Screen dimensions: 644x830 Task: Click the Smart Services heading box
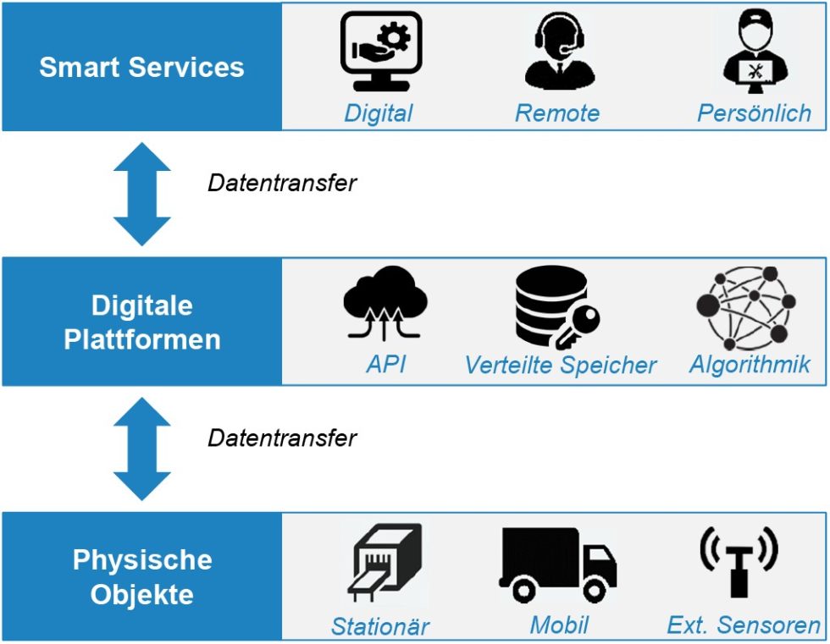141,67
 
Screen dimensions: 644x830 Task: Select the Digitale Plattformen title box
141,322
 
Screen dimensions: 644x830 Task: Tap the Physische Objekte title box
141,576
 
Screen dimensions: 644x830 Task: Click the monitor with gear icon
380,52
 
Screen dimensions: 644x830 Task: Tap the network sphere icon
745,306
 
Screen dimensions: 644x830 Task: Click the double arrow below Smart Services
141,194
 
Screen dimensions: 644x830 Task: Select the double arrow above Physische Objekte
141,449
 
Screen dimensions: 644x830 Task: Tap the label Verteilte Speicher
561,365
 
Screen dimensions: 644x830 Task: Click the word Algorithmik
750,364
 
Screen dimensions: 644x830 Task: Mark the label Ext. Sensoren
744,625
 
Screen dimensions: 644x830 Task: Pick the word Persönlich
754,113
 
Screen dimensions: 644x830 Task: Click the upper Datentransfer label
282,182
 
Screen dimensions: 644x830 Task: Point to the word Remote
556,113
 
